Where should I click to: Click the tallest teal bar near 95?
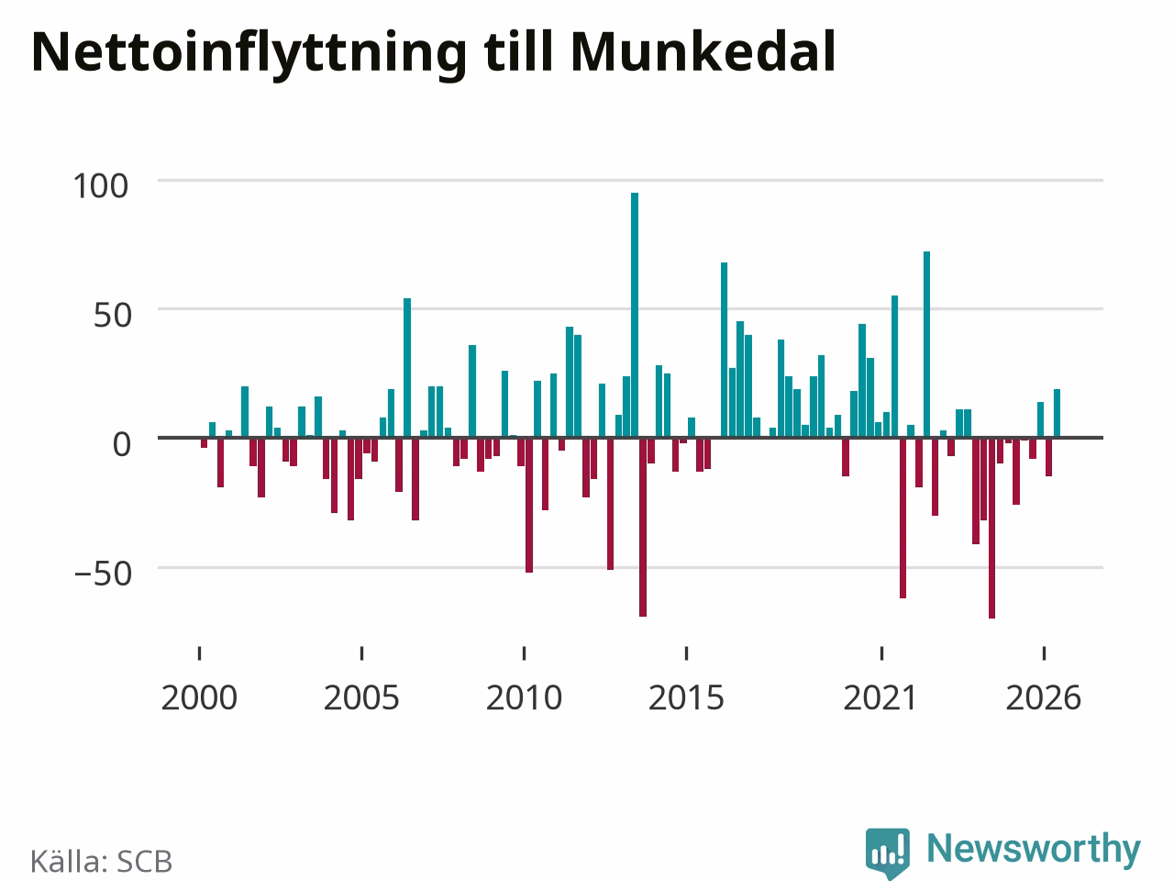(x=635, y=315)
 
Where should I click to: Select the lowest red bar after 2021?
(x=991, y=528)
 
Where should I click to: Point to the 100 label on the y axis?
(x=101, y=186)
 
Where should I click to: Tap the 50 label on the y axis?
(x=112, y=315)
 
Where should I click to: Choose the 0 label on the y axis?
(x=122, y=444)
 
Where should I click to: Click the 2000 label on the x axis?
(x=199, y=698)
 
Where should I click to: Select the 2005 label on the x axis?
(x=361, y=698)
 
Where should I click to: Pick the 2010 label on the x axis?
(x=524, y=698)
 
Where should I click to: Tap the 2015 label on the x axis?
(x=686, y=698)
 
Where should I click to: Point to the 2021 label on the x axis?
(x=880, y=698)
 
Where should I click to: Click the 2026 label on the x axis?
(x=1044, y=698)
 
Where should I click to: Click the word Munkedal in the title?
(x=703, y=52)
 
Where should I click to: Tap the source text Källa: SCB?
(x=101, y=861)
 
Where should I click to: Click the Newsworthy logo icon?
(x=888, y=852)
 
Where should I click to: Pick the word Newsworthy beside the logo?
(x=1034, y=849)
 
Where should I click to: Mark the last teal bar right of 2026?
(x=1057, y=413)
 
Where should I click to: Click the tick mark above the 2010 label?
(x=524, y=653)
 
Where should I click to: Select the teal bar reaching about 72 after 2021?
(x=927, y=344)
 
